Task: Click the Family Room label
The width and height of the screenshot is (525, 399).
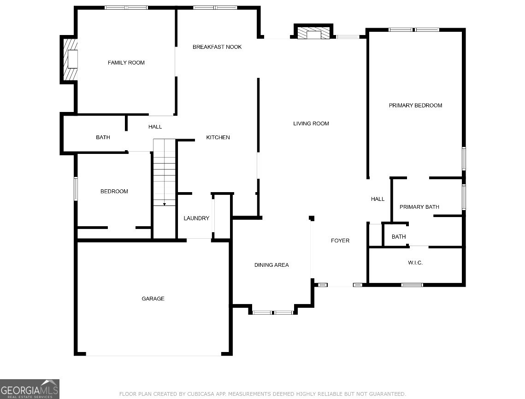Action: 126,63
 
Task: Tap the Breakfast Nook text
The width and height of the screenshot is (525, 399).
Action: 217,47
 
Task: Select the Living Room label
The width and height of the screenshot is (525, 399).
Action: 311,123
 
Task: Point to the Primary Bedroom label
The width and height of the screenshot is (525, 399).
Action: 415,106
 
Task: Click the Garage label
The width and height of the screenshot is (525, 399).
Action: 153,299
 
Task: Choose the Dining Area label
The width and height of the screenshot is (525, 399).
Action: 271,265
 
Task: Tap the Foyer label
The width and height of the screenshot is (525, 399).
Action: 340,241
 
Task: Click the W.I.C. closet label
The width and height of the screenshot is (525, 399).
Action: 415,263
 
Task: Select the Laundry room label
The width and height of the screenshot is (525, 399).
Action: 196,218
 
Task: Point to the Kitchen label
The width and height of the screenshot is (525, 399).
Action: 218,138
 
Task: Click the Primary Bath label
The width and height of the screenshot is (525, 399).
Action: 419,207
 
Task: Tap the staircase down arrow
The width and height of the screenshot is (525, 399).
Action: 165,203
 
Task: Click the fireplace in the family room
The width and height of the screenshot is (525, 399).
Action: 71,59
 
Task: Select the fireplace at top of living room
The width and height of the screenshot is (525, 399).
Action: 313,34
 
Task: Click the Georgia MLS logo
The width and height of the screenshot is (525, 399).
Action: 29,389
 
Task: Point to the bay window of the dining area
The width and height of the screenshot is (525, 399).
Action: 272,312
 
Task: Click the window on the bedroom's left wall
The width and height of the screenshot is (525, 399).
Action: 76,189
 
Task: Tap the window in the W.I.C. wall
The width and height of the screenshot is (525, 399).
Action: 412,285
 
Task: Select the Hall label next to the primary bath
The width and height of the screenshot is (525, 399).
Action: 378,199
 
